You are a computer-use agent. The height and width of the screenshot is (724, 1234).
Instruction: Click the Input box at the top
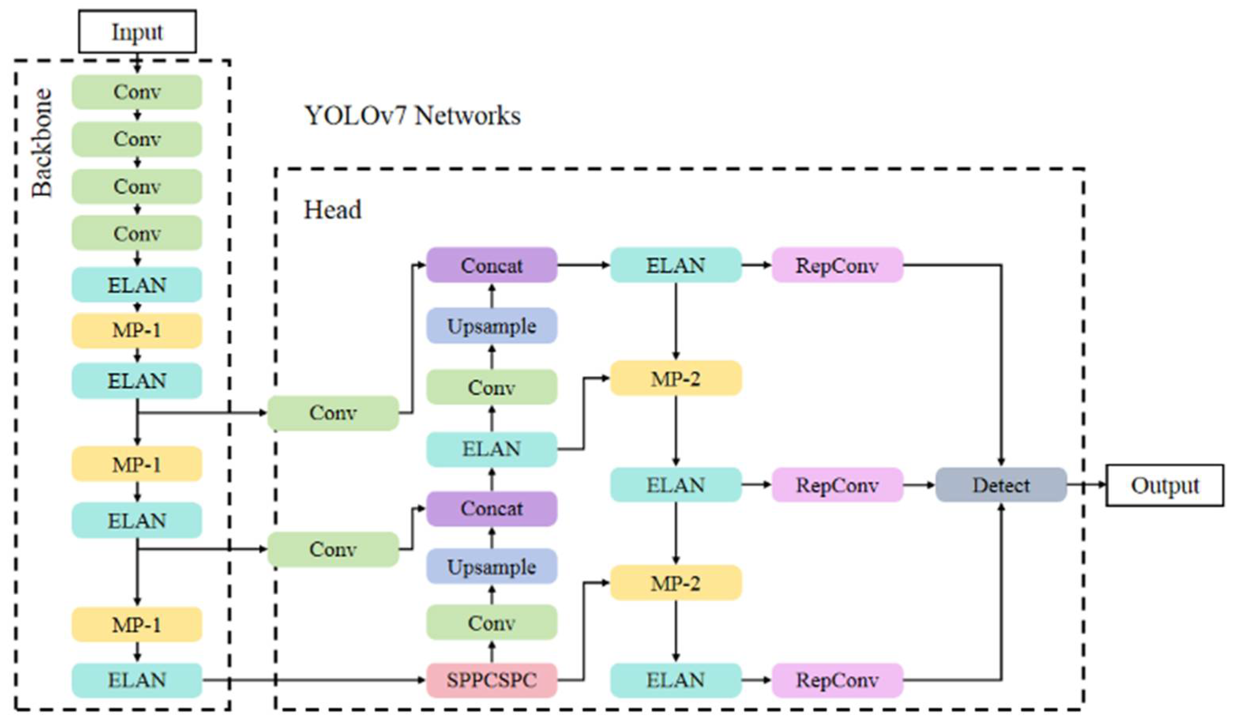pyautogui.click(x=138, y=31)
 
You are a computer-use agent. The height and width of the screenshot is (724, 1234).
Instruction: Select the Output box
pyautogui.click(x=1165, y=485)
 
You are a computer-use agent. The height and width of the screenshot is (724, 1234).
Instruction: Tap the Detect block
pyautogui.click(x=1001, y=485)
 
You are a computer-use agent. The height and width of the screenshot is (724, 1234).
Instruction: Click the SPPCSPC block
pyautogui.click(x=491, y=680)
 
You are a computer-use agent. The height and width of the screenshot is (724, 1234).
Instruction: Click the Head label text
pyautogui.click(x=332, y=210)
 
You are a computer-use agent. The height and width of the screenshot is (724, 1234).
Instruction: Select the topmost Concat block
pyautogui.click(x=491, y=265)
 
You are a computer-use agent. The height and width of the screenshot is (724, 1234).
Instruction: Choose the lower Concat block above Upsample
pyautogui.click(x=491, y=508)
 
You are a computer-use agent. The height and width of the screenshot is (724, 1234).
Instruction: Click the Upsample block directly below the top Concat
pyautogui.click(x=491, y=326)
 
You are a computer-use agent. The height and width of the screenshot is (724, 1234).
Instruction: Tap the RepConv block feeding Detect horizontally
pyautogui.click(x=837, y=485)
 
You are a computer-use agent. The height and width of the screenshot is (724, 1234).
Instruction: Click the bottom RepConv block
pyautogui.click(x=837, y=680)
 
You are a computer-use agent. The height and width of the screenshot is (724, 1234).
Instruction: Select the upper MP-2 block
pyautogui.click(x=676, y=378)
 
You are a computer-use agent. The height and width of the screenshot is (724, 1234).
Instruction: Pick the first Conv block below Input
pyautogui.click(x=137, y=92)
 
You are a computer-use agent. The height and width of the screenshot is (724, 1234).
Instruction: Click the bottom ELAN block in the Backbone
pyautogui.click(x=137, y=680)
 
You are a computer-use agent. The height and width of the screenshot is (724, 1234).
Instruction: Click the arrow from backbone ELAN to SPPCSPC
pyautogui.click(x=313, y=680)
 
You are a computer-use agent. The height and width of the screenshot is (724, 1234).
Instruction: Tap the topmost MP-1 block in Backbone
pyautogui.click(x=137, y=331)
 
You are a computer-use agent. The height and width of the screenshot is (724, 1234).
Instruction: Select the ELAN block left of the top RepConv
pyautogui.click(x=676, y=265)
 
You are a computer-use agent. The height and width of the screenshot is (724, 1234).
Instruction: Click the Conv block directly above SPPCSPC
pyautogui.click(x=491, y=622)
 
